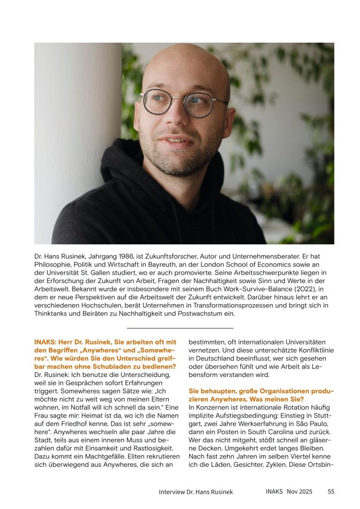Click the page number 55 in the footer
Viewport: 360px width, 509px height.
click(331, 491)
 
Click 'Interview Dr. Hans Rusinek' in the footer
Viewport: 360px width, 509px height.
click(195, 492)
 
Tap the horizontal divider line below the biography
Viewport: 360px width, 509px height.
click(180, 328)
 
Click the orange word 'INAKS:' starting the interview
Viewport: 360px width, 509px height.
click(45, 342)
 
